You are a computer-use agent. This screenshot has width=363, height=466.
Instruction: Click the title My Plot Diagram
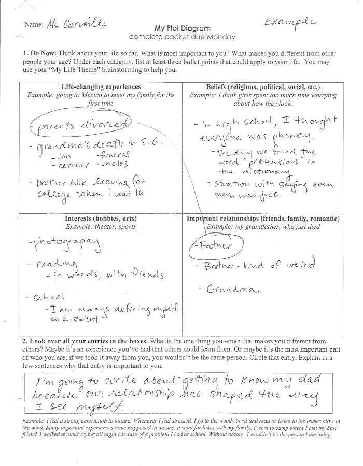point(182,28)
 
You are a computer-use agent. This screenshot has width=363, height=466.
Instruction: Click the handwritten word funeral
point(114,154)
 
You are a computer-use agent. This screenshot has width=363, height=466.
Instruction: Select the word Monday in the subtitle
point(225,37)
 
